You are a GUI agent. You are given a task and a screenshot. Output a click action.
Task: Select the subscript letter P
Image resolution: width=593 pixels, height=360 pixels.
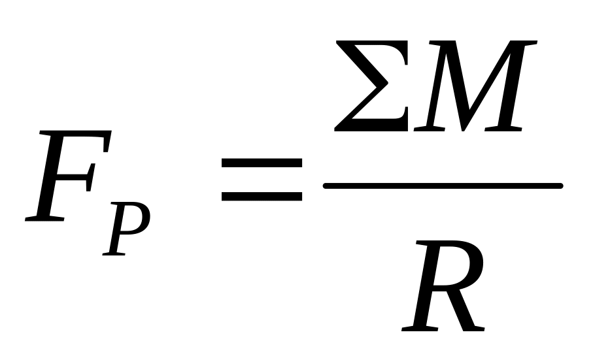(x=127, y=229)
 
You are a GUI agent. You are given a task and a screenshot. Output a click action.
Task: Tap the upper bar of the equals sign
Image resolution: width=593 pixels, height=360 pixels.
(x=262, y=163)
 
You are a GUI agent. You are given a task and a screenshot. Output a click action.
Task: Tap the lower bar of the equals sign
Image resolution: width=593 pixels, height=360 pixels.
(x=262, y=197)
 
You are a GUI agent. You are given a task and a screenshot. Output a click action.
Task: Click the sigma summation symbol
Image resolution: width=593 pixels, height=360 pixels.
(x=371, y=86)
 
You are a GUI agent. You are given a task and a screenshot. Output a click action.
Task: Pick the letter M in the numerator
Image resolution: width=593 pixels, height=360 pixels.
(x=475, y=86)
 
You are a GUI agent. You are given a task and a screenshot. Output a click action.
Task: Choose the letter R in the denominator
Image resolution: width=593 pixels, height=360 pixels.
(x=443, y=286)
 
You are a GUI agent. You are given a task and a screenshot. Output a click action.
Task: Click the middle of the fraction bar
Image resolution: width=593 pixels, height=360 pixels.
(x=443, y=186)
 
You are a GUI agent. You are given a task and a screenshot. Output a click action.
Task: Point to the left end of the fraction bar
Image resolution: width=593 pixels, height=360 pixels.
(x=324, y=186)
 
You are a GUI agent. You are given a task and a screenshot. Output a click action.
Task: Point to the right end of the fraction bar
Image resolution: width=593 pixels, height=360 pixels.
(x=562, y=186)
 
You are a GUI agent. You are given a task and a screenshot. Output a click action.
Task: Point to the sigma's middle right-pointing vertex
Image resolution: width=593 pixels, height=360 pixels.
(x=388, y=82)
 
